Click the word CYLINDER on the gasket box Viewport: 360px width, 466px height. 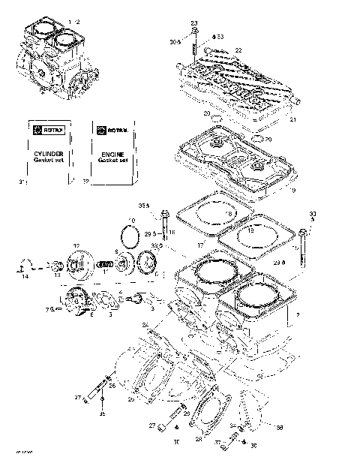point(47,151)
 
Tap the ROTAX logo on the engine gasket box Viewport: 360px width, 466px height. point(111,130)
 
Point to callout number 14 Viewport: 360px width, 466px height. point(25,277)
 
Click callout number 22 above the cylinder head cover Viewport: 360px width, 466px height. point(238,50)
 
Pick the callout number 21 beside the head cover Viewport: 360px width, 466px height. point(293,119)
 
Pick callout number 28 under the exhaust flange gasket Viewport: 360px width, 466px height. point(199,439)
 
